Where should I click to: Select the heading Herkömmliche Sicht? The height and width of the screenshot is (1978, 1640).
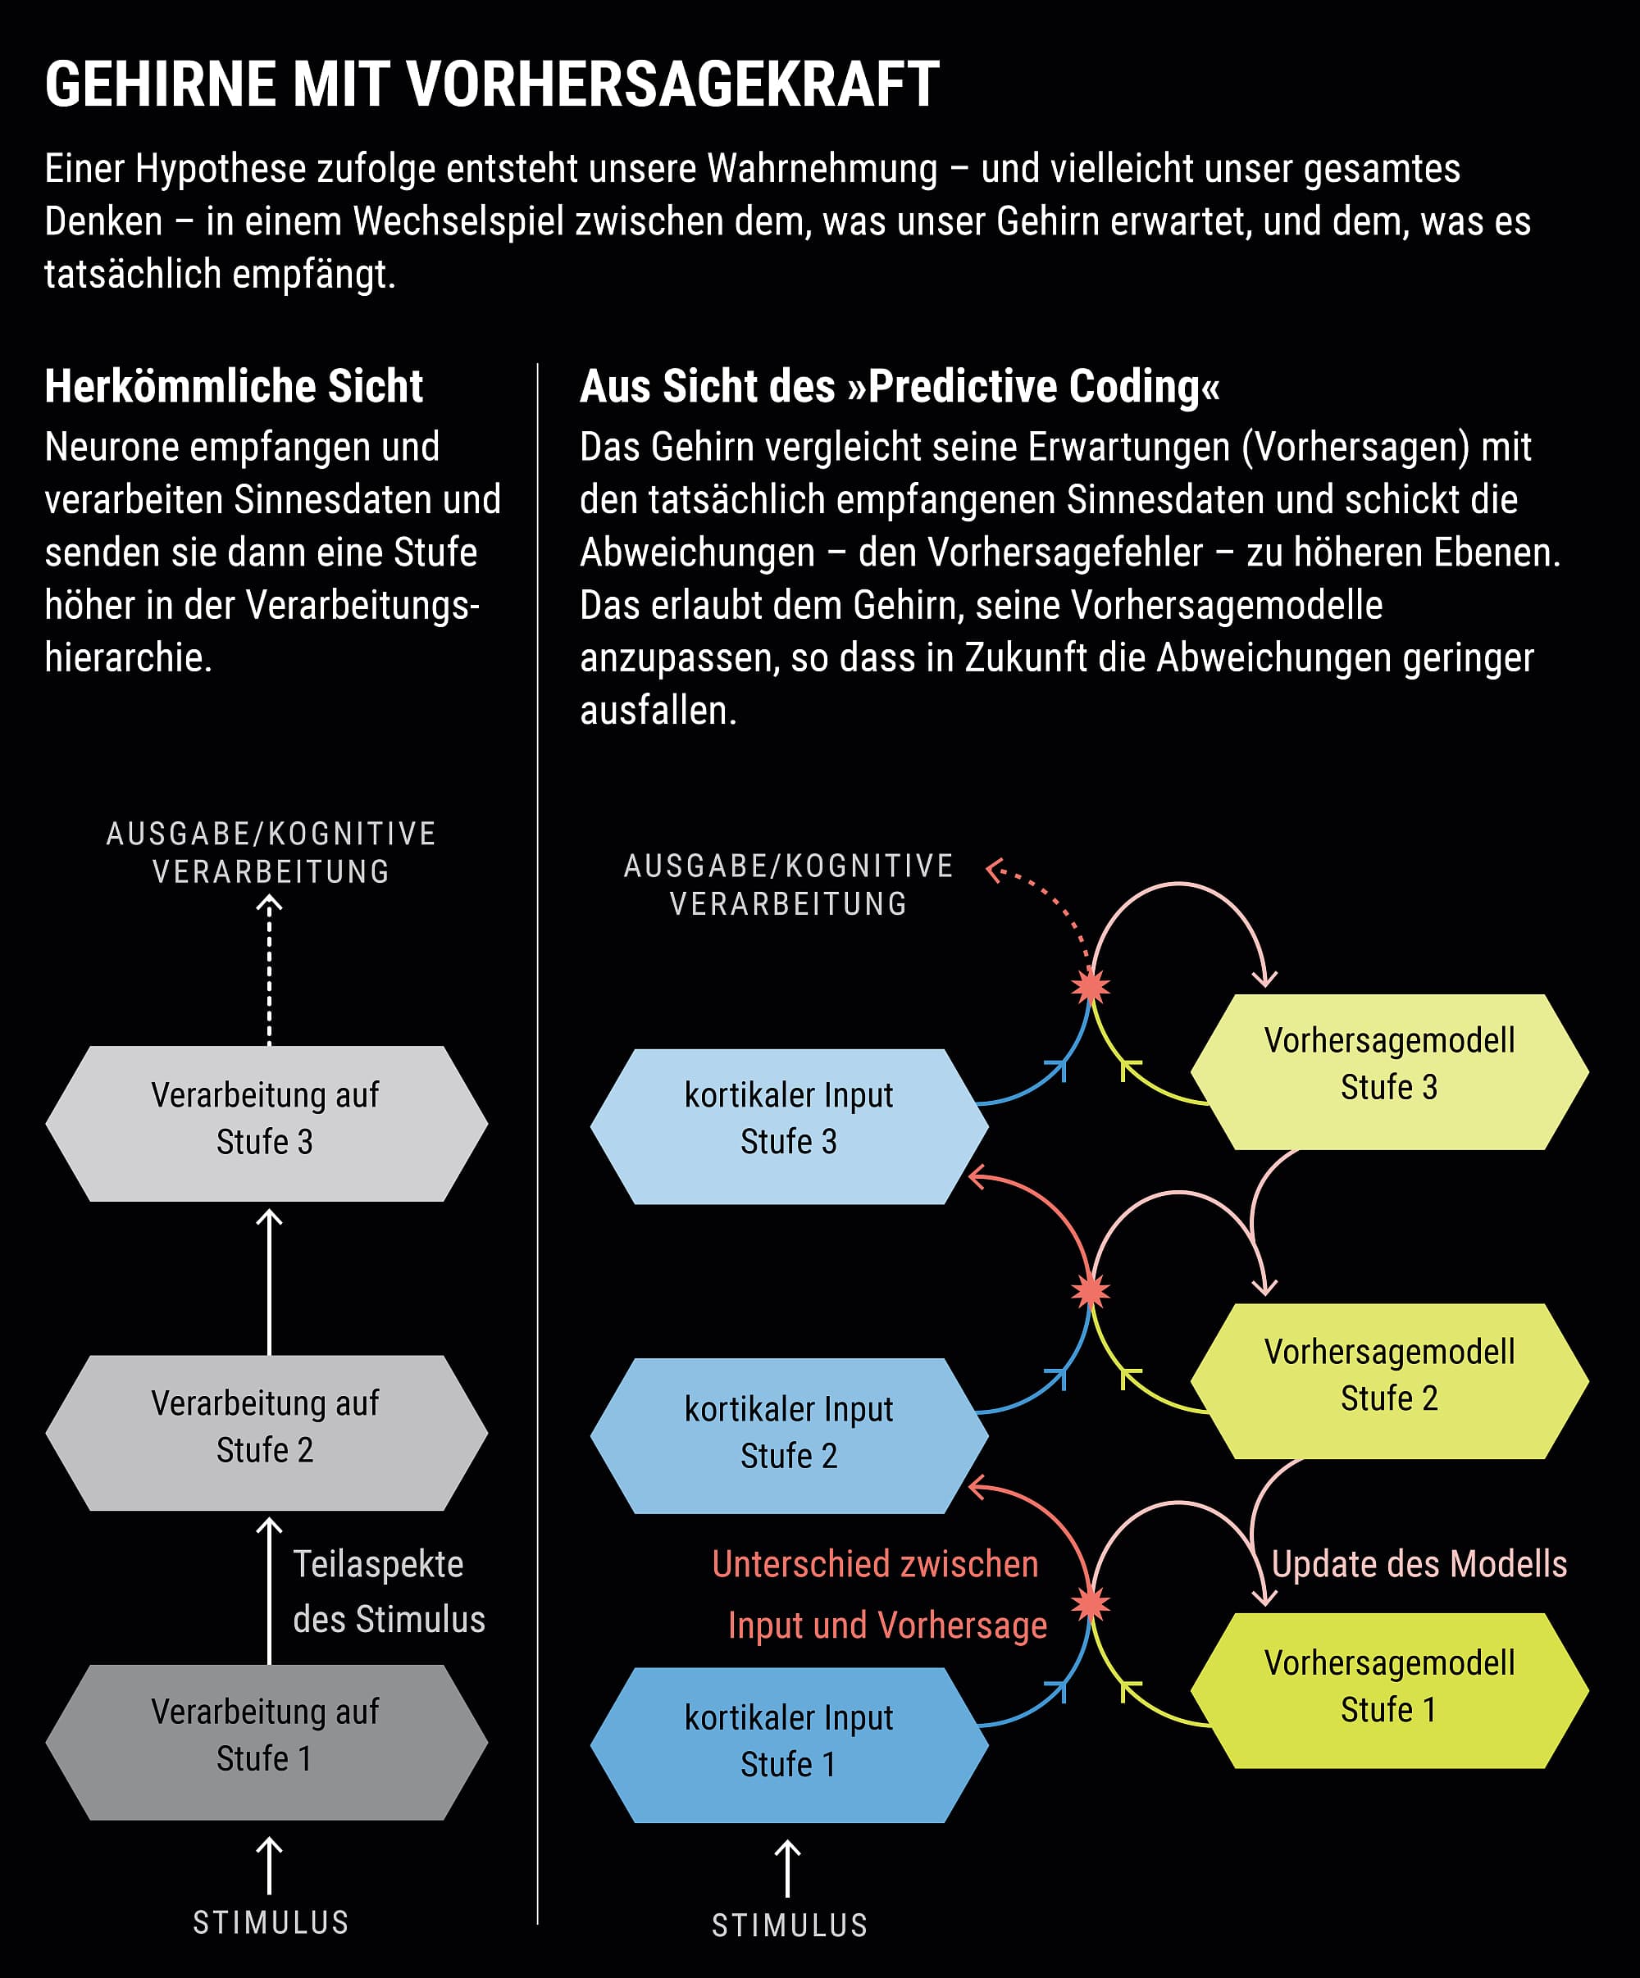pos(234,386)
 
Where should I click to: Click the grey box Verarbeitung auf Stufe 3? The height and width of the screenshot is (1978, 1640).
pos(266,1123)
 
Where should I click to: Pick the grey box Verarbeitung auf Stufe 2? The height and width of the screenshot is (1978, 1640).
pos(266,1432)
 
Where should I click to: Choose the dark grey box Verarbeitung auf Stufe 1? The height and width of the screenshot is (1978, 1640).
pos(266,1740)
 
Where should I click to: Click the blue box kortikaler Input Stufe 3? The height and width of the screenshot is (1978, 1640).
pos(790,1125)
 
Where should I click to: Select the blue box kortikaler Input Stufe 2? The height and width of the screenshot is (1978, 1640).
pos(790,1435)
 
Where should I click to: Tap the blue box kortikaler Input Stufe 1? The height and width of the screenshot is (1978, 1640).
pos(790,1744)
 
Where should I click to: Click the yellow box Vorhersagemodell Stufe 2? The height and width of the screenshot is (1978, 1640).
pos(1389,1381)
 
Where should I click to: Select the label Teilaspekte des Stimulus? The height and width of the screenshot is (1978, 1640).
pos(388,1592)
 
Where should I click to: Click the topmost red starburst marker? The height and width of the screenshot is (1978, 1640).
pos(1091,986)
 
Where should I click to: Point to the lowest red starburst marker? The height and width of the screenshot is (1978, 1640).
pos(1091,1603)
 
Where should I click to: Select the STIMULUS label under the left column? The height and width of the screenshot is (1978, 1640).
pos(271,1922)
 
